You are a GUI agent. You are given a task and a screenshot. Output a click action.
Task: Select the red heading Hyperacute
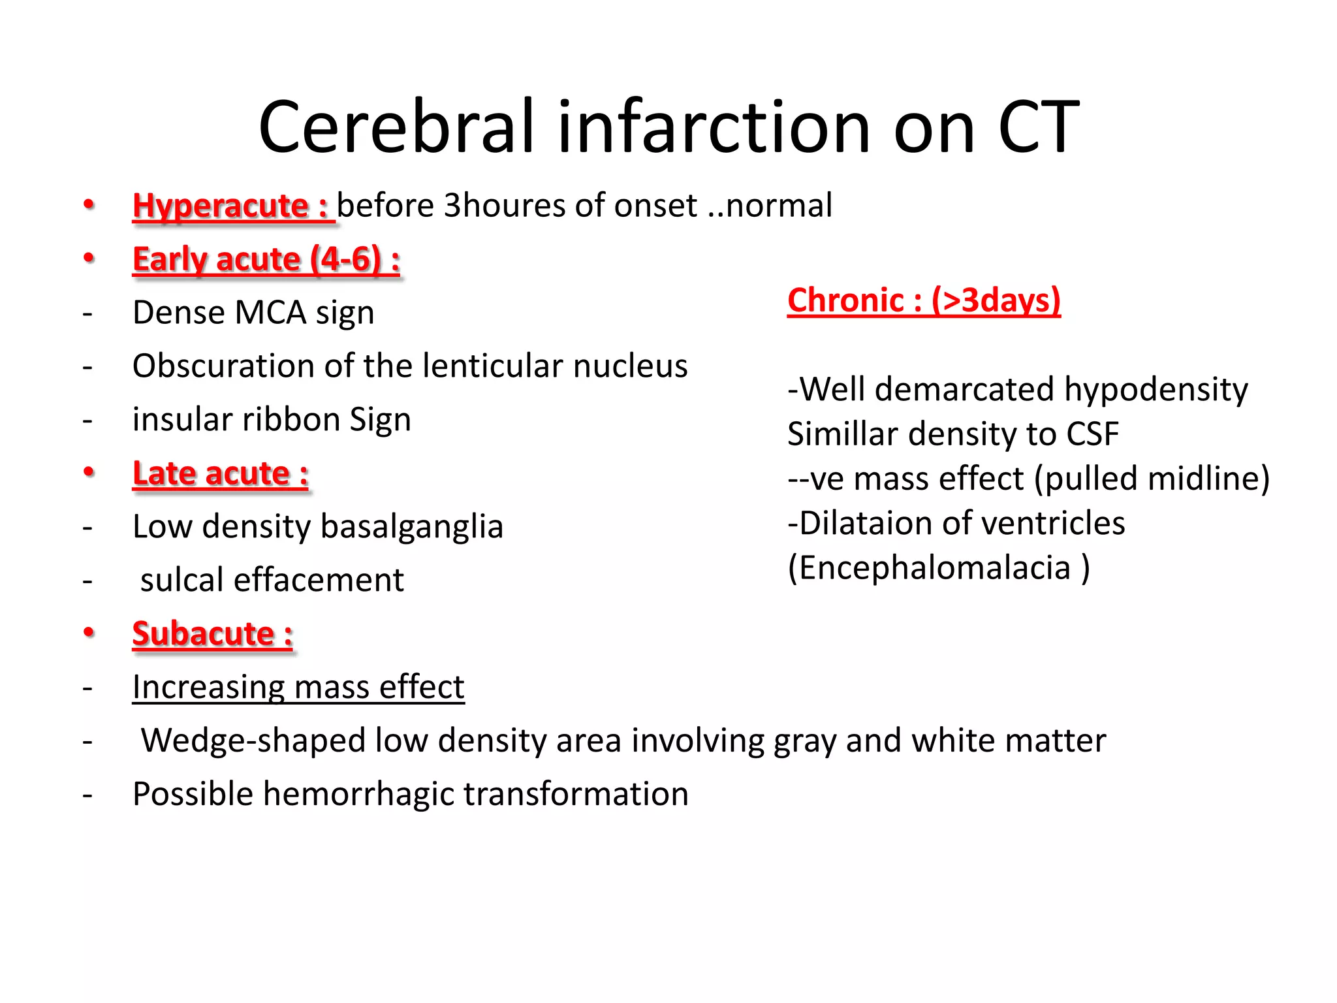click(221, 206)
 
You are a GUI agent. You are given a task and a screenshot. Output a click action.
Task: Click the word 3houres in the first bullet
click(503, 206)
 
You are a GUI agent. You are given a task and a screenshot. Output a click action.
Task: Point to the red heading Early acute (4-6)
click(266, 259)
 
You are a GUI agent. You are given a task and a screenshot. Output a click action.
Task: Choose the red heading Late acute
click(220, 473)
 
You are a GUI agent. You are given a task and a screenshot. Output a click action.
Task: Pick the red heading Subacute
click(212, 633)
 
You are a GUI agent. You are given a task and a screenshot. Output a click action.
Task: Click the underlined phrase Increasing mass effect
click(298, 687)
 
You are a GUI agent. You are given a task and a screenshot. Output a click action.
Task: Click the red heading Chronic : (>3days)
click(923, 300)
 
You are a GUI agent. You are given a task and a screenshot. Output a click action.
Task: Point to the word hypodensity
click(1156, 389)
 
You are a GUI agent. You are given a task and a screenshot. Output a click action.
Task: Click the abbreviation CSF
click(1092, 434)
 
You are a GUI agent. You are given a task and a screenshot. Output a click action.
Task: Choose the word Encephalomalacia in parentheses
click(935, 567)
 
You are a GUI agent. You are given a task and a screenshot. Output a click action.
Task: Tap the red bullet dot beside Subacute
click(89, 632)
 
